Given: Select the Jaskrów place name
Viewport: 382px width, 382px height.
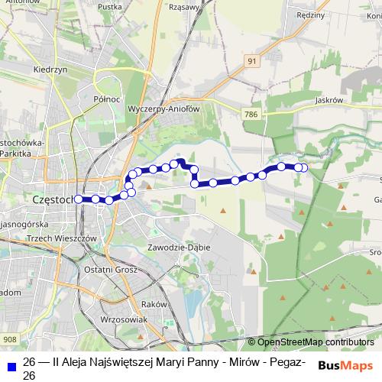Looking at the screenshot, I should pos(330,99).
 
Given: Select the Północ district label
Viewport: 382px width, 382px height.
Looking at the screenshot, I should pos(107,99).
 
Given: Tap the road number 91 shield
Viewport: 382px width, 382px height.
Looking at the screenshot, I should pos(252,60).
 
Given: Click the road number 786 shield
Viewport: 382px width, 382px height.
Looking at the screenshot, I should pos(251,114).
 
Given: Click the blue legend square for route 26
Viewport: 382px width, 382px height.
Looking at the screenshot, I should pos(11,363).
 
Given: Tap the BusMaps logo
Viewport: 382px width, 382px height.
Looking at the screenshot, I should pos(345,365).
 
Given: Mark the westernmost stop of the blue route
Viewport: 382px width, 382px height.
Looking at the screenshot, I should pos(78,199).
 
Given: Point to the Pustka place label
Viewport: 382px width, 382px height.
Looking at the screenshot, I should pos(110,8).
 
